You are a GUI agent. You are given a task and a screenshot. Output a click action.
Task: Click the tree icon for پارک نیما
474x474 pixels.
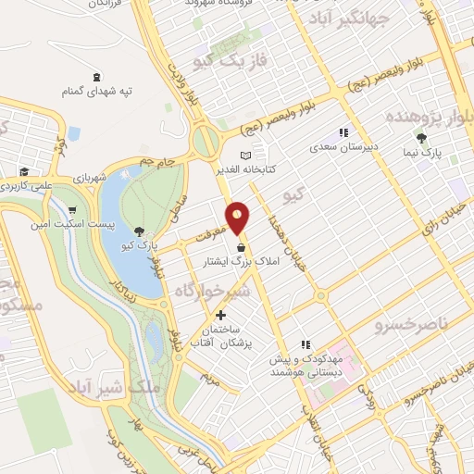422,138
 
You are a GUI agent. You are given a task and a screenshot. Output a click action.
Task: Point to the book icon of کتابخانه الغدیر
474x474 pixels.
245,155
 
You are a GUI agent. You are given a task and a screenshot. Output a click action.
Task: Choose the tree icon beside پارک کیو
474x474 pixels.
139,231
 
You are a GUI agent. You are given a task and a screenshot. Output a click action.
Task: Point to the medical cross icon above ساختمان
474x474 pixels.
219,315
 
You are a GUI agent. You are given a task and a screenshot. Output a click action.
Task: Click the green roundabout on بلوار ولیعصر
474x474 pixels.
205,142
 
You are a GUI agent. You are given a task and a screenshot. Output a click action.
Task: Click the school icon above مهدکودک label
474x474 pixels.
306,344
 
